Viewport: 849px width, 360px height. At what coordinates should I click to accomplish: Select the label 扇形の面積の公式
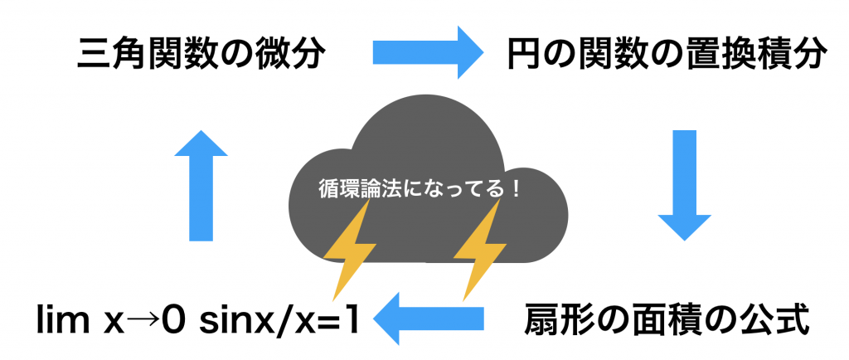click(667, 319)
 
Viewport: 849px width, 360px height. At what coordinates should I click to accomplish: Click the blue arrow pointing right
click(426, 55)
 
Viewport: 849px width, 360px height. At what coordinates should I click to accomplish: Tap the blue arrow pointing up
click(201, 186)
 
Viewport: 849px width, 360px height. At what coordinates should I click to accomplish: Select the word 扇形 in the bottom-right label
click(553, 319)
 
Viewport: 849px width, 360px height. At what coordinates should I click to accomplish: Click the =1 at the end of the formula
click(341, 319)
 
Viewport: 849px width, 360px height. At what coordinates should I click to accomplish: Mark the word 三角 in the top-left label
click(104, 56)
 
